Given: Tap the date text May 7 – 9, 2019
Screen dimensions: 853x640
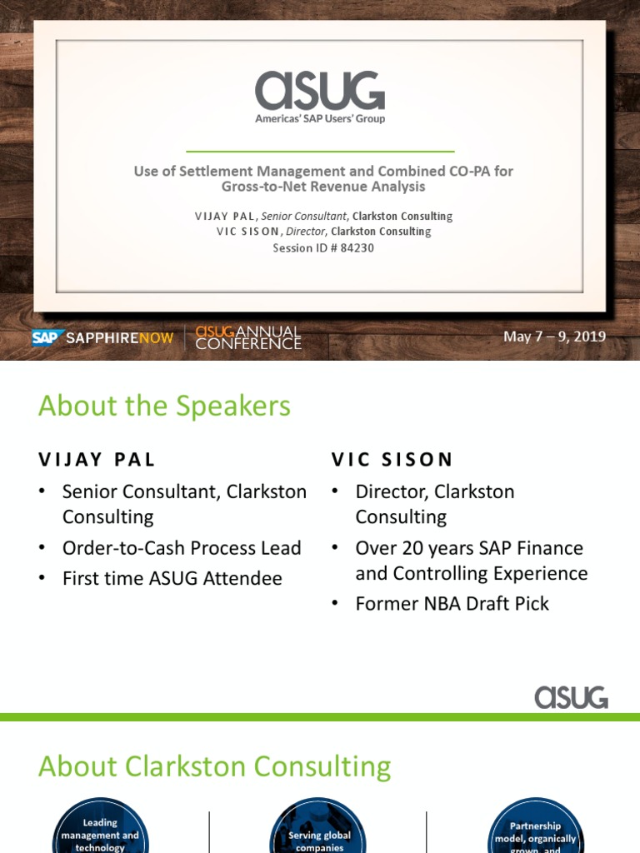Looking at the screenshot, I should [554, 337].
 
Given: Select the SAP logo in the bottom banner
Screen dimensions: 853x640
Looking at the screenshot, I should [47, 337].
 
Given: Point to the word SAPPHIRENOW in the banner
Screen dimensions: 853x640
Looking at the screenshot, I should [120, 338].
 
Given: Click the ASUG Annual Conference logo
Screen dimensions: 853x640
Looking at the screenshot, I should [248, 337].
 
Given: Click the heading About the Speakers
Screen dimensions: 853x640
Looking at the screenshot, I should [164, 406].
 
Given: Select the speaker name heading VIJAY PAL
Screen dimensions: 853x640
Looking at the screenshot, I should [97, 459].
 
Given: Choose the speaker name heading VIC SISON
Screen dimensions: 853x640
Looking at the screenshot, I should [392, 459].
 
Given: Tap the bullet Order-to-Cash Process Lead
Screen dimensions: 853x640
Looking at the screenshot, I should [182, 547].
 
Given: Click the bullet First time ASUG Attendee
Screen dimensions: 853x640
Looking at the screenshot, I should [172, 578].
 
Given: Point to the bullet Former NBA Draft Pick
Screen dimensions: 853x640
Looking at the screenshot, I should [452, 603].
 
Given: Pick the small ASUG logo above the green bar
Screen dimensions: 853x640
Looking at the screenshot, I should [571, 696].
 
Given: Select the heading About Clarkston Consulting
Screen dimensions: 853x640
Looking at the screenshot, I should [214, 766].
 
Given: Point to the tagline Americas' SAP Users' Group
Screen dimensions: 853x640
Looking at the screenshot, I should [320, 118].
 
